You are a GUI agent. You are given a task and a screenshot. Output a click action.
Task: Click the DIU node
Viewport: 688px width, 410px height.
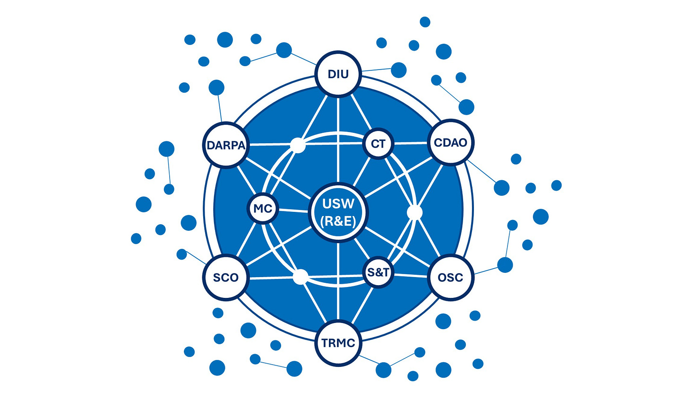(338, 74)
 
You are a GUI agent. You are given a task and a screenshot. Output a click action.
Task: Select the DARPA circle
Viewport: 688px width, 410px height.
(226, 145)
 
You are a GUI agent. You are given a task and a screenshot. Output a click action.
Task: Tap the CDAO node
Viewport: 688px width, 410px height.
(450, 142)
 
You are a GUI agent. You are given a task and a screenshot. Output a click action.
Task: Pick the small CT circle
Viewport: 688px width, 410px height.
(378, 143)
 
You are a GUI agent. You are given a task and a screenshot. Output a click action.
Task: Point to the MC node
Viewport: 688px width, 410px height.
(263, 209)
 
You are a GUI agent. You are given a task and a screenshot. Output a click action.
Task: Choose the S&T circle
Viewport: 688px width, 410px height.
(378, 272)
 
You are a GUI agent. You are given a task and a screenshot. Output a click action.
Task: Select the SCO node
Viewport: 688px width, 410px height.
(226, 277)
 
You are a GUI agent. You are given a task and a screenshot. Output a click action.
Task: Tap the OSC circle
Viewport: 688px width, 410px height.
(450, 277)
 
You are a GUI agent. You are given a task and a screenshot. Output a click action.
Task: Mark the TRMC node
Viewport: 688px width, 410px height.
(338, 343)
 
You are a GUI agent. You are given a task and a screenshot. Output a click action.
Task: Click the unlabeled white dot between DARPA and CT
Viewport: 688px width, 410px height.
(298, 144)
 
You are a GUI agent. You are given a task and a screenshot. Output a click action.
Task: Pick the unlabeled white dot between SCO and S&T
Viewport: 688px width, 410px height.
(301, 277)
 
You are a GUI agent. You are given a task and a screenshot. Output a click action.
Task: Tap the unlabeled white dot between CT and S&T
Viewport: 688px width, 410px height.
(414, 212)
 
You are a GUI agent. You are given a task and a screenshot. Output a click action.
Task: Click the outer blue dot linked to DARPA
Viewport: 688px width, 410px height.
(216, 87)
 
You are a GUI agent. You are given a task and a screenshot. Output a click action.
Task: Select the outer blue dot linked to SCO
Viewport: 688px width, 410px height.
(181, 254)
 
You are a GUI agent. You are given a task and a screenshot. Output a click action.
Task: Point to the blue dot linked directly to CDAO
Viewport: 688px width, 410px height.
(501, 188)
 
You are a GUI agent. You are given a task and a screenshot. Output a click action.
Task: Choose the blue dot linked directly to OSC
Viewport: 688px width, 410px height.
(505, 265)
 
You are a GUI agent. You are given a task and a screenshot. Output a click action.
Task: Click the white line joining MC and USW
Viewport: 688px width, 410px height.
(293, 210)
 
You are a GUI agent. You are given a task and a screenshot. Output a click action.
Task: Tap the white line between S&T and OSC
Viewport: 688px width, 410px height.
(410, 275)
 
